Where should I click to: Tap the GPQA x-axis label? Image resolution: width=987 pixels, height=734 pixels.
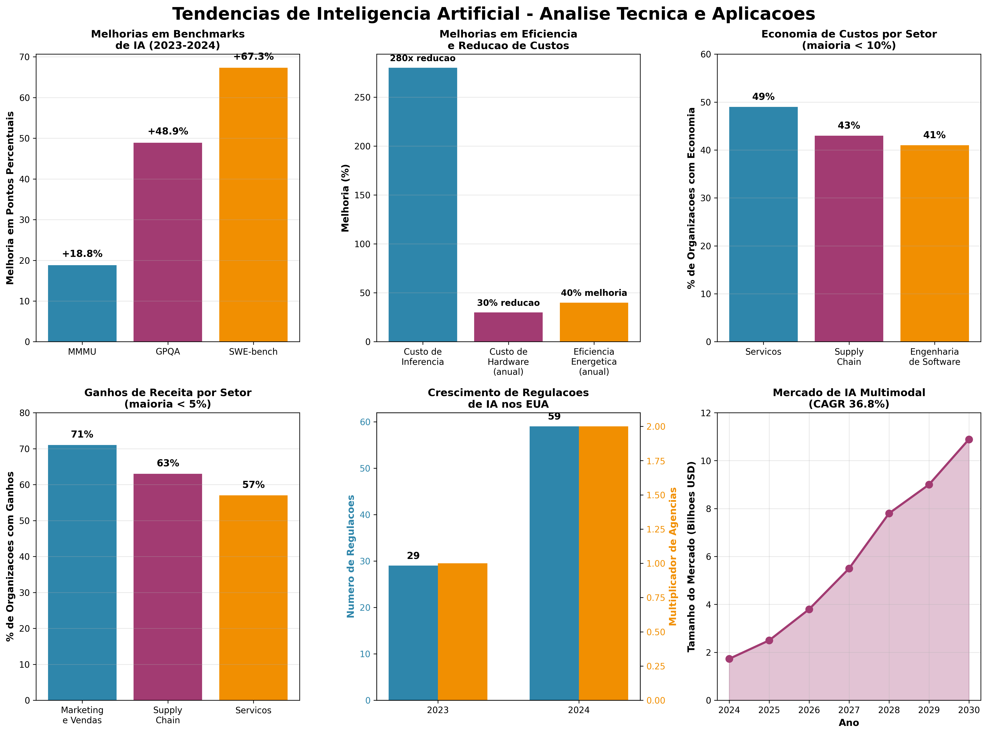coord(168,351)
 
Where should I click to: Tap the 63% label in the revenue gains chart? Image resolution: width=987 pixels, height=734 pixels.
coord(168,463)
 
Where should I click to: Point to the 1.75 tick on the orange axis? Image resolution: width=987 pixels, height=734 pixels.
coord(655,461)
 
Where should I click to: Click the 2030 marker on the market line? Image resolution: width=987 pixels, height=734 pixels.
coord(969,439)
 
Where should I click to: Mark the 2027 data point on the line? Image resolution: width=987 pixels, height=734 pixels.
coord(849,568)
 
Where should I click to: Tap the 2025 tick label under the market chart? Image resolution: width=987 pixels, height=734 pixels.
coord(769,710)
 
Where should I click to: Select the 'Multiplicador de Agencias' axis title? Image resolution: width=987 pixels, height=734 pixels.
coord(673,556)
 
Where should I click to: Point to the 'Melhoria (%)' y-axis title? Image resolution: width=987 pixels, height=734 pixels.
coord(345,198)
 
